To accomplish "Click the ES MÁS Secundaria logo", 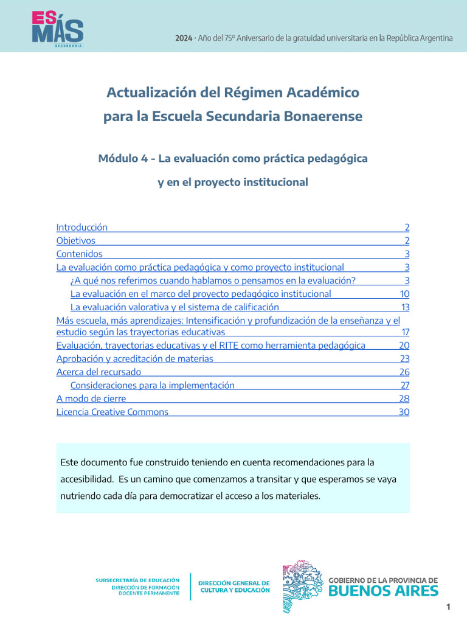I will pyautogui.click(x=58, y=28).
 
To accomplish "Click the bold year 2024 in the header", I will pyautogui.click(x=184, y=38).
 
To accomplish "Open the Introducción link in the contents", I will pyautogui.click(x=81, y=228).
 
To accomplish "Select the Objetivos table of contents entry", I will pyautogui.click(x=76, y=241).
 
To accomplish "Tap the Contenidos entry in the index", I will pyautogui.click(x=80, y=254).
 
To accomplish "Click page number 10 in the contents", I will pyautogui.click(x=404, y=294).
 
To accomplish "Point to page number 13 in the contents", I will pyautogui.click(x=405, y=307).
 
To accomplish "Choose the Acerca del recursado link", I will pyautogui.click(x=99, y=372).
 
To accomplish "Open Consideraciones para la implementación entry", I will pyautogui.click(x=152, y=385).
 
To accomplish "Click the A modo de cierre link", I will pyautogui.click(x=91, y=399).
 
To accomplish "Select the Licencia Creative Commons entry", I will pyautogui.click(x=112, y=412).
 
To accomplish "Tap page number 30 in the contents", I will pyautogui.click(x=404, y=412).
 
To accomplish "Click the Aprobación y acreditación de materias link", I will pyautogui.click(x=135, y=359).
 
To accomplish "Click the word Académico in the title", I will pyautogui.click(x=322, y=93).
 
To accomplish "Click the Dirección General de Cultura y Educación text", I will pyautogui.click(x=235, y=586).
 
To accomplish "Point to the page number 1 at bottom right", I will pyautogui.click(x=448, y=607).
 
